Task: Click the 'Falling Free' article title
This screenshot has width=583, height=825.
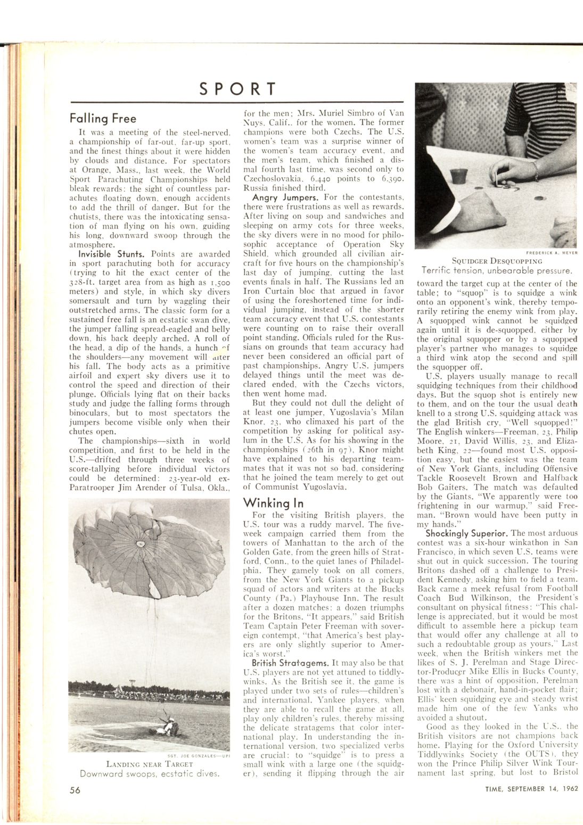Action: pos(103,118)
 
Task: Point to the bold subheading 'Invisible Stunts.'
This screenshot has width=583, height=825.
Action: pos(102,254)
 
